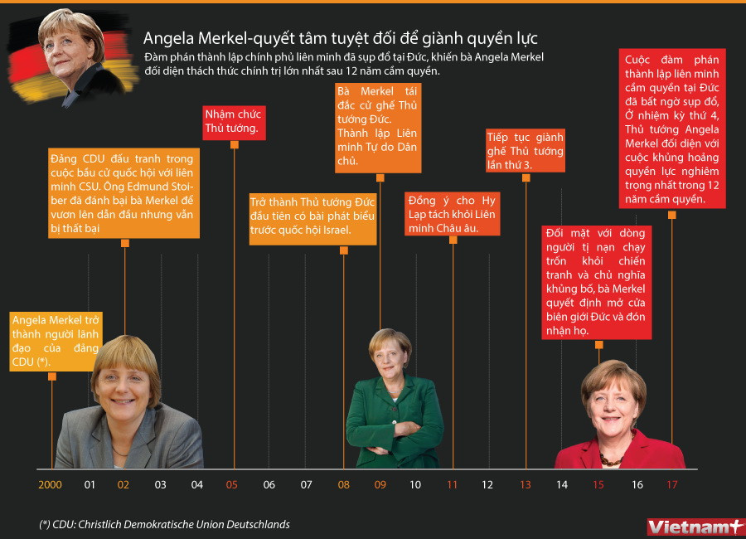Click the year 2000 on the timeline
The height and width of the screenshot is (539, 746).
coord(50,484)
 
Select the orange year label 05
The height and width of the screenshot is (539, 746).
coord(232,484)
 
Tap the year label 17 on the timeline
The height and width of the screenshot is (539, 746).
coord(671,484)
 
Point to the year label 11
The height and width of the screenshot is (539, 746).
coord(452,484)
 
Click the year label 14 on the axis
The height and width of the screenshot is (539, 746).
coord(562,484)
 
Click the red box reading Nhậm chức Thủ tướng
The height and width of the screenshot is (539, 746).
coord(233,122)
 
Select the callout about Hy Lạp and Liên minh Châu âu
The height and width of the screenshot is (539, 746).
coord(452,213)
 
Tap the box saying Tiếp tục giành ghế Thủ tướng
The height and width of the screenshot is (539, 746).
coord(526,150)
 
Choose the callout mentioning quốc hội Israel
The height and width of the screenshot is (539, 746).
coord(312,219)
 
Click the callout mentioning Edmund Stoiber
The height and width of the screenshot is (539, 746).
coord(124,193)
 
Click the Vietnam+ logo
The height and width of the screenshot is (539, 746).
coord(695,526)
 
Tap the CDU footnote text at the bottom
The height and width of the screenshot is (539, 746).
coord(164,525)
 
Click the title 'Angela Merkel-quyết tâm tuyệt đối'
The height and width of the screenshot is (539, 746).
coord(340,38)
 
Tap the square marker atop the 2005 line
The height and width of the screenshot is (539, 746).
coord(234,144)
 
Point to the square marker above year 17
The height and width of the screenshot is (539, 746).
coord(671,215)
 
